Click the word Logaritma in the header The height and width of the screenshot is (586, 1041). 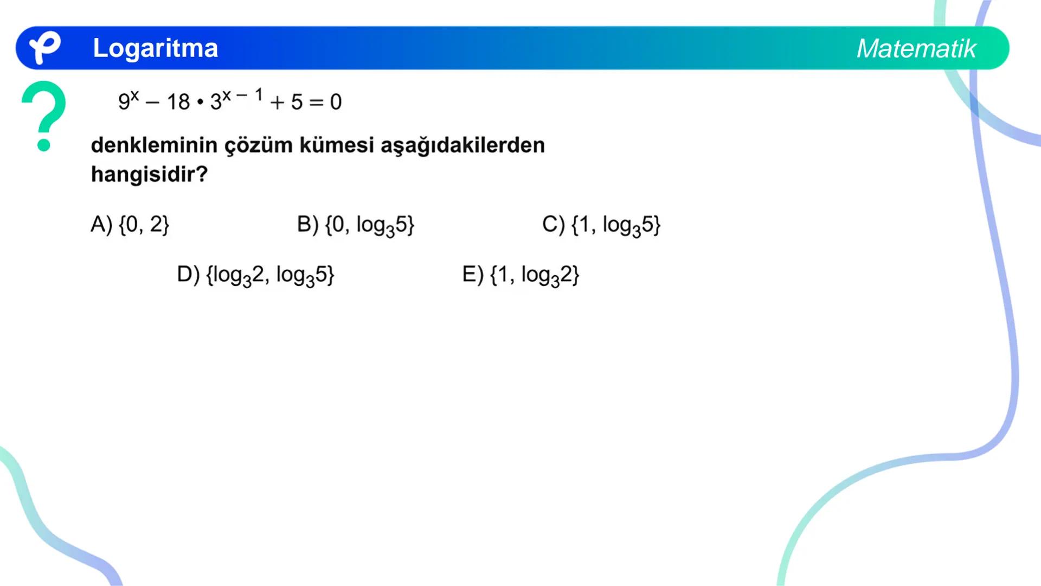[155, 48]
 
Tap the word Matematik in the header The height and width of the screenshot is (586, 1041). [916, 49]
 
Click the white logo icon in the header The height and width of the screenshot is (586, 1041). [44, 47]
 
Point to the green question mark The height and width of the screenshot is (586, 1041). [44, 114]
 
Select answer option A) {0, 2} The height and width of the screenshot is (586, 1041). [130, 224]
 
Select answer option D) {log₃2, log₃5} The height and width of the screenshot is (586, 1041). [255, 275]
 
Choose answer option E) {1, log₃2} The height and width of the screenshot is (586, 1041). [520, 275]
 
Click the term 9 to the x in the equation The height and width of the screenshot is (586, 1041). [128, 100]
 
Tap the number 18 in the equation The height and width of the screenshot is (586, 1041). [178, 102]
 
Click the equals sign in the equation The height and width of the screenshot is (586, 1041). [316, 102]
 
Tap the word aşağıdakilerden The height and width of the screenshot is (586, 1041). [462, 146]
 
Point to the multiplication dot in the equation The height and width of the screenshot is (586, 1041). [200, 102]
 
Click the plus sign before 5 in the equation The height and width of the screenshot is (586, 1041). [277, 102]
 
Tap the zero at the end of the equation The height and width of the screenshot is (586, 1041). [336, 102]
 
